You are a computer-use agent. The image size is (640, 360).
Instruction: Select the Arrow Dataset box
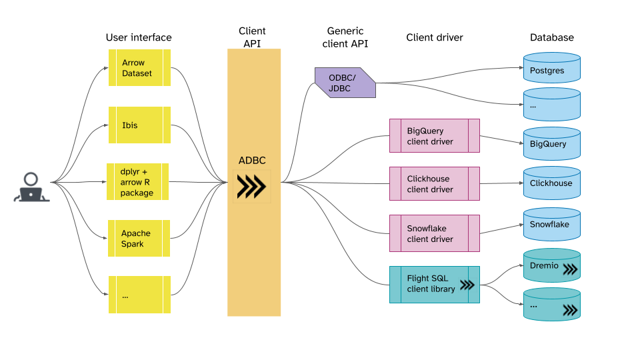coord(139,67)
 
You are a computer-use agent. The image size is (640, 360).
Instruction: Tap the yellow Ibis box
coord(139,125)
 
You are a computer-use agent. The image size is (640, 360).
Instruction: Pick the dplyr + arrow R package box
coord(138,182)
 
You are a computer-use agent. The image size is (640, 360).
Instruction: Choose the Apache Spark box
coord(139,239)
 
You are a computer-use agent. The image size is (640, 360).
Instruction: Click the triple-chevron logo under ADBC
coord(251,187)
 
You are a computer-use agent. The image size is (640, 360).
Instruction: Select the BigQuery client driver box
coord(434,136)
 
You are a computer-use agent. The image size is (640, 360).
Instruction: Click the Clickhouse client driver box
coord(434,184)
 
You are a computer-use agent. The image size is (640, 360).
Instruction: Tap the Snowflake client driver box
coord(434,233)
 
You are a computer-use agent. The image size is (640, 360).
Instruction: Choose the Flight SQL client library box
coord(434,284)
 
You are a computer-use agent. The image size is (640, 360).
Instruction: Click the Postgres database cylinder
coord(551,70)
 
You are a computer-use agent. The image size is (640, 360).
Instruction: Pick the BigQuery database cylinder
coord(551,144)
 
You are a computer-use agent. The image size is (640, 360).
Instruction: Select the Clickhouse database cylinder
coord(551,183)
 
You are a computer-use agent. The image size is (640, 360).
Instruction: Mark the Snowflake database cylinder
coord(551,225)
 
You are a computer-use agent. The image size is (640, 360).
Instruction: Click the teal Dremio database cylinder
coord(551,266)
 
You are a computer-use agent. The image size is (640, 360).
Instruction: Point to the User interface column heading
coord(139,37)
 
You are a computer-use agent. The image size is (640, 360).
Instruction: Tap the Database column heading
coord(551,37)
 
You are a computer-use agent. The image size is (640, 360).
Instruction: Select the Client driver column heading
coord(434,37)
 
